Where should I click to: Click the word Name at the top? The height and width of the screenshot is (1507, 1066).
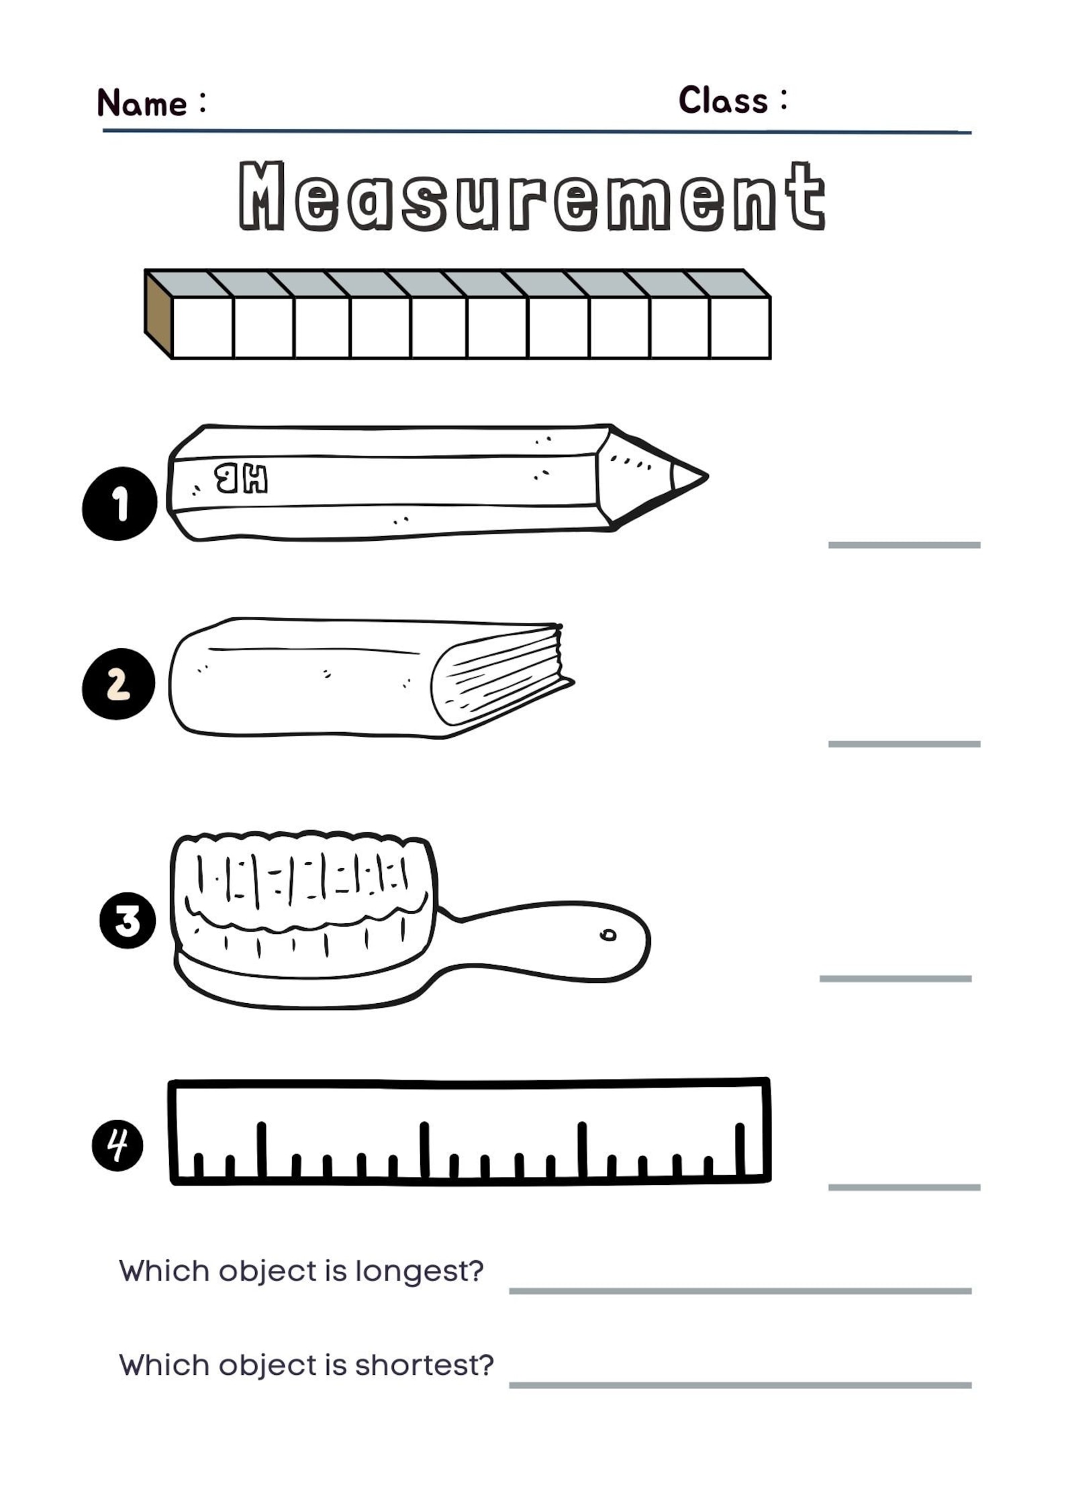(x=142, y=103)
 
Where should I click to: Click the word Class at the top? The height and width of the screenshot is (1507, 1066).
(x=722, y=101)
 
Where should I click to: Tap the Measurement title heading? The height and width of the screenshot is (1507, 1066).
(x=532, y=196)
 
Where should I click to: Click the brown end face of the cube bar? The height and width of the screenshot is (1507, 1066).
(x=158, y=314)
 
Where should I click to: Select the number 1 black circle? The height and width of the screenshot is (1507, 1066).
(x=119, y=503)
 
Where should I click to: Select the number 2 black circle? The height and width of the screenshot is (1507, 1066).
(x=119, y=684)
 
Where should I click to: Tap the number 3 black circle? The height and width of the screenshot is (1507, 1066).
(x=128, y=920)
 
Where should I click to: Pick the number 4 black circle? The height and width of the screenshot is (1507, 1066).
(x=117, y=1145)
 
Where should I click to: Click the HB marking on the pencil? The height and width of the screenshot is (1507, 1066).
(x=241, y=479)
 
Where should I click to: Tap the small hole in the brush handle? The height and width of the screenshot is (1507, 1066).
(x=608, y=935)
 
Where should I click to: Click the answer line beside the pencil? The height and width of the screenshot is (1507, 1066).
(x=904, y=545)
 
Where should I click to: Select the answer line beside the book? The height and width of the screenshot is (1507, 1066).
(x=904, y=743)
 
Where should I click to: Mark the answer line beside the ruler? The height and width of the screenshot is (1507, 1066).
(x=904, y=1187)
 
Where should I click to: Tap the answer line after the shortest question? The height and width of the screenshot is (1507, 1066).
(x=740, y=1385)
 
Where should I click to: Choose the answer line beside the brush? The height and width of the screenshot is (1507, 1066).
(x=895, y=978)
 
